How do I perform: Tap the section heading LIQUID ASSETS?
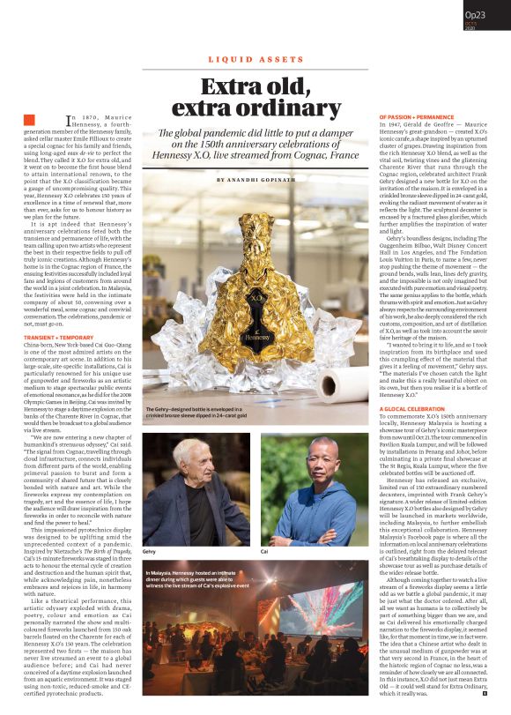[255, 59]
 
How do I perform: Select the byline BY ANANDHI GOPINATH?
[255, 180]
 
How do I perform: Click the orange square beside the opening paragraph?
[29, 120]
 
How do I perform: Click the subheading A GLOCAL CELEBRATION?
[412, 409]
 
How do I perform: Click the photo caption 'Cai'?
[264, 551]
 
